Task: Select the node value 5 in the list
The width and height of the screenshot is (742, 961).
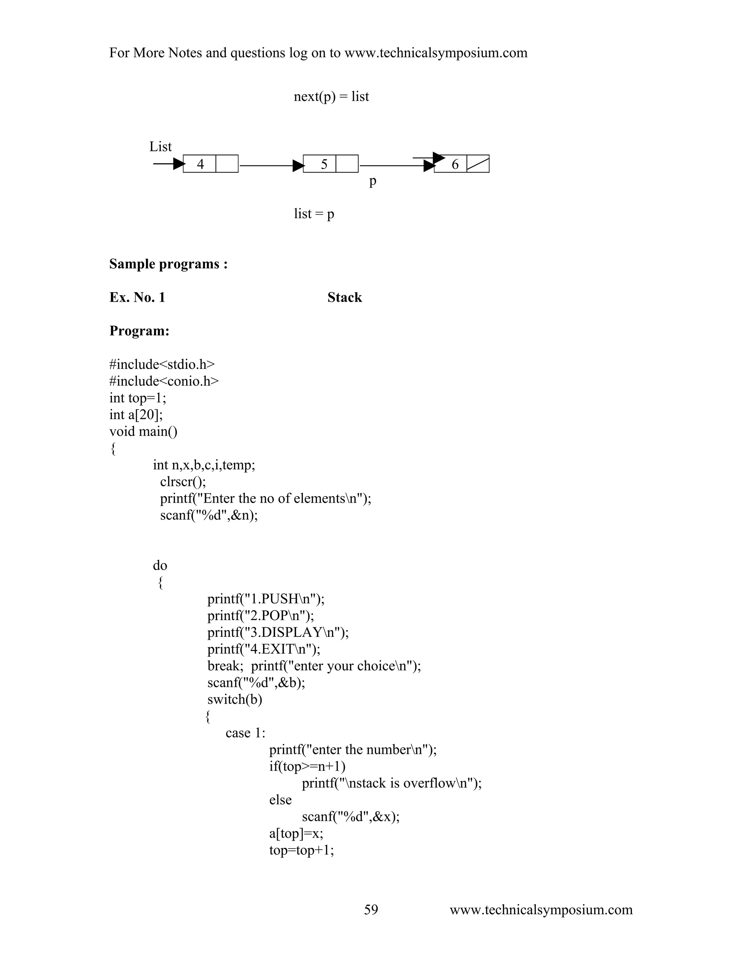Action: (324, 164)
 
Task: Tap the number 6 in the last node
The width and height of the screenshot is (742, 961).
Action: (455, 164)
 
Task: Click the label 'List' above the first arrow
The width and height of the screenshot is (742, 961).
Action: (161, 147)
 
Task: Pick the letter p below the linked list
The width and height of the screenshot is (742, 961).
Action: (373, 181)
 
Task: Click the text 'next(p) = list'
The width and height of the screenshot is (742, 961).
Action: (331, 96)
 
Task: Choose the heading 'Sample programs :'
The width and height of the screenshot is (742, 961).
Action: (168, 264)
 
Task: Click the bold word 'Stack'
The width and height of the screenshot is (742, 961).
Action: (344, 297)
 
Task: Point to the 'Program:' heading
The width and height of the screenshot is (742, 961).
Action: (139, 330)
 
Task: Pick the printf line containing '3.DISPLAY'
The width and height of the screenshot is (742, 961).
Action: (278, 632)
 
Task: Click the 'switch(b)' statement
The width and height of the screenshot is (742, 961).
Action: (235, 699)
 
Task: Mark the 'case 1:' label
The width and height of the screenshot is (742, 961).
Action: (245, 733)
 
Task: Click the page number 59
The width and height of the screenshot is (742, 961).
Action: (371, 910)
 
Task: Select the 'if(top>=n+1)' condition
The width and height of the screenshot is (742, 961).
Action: (307, 766)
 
